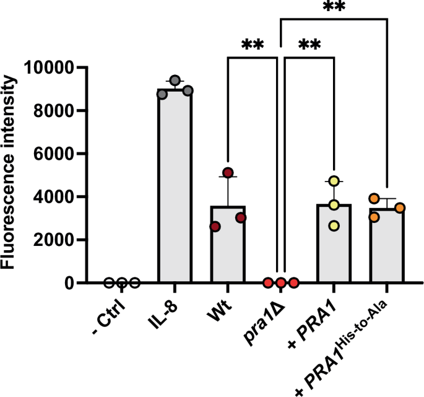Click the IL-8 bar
175,186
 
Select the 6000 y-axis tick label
54,154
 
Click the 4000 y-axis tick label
54,197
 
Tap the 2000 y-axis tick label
54,240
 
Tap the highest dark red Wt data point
228,172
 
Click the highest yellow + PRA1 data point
334,181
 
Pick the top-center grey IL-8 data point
175,81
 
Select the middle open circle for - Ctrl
122,283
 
